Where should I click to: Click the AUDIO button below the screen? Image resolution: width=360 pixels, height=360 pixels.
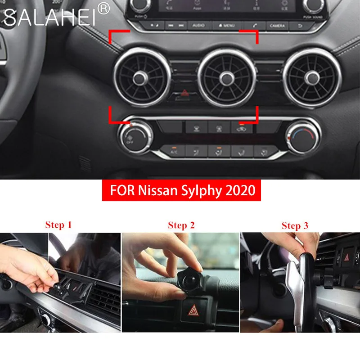[x=198, y=26]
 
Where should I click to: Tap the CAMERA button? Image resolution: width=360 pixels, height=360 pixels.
[x=278, y=26]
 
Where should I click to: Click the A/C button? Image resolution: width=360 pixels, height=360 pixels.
[x=174, y=151]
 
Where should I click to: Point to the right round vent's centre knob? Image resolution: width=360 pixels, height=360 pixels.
[x=311, y=79]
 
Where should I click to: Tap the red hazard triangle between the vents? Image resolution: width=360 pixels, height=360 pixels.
[x=185, y=94]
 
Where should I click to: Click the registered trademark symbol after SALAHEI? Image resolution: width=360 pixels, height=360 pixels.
[x=104, y=9]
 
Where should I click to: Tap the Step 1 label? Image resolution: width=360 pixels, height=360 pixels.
[x=58, y=225]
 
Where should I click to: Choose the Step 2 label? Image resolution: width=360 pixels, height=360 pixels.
[x=181, y=225]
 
